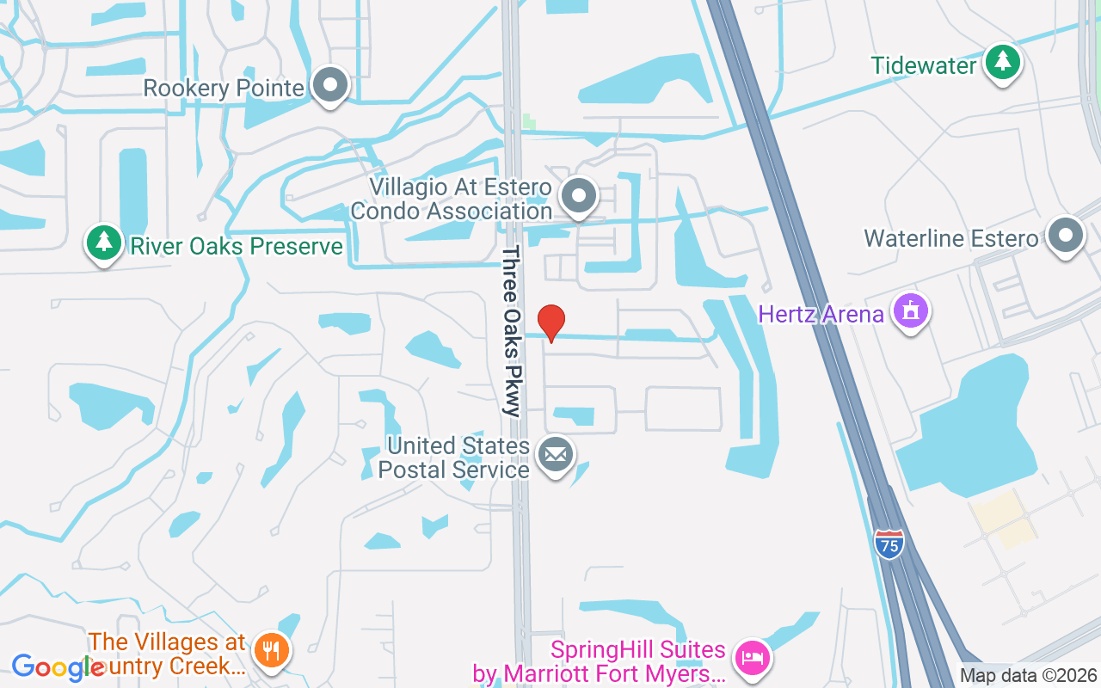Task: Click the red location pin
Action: [550, 322]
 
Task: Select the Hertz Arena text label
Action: [821, 314]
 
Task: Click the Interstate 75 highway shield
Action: [889, 544]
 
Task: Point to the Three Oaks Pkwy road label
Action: [512, 331]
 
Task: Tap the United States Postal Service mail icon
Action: [555, 455]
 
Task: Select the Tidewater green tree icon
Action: [1002, 62]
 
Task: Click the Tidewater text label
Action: [924, 65]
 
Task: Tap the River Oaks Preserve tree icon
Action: [103, 243]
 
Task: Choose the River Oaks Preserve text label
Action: [237, 247]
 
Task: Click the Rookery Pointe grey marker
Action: [329, 85]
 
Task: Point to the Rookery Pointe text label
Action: [224, 89]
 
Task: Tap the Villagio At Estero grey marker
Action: [580, 196]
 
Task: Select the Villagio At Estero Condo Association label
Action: [452, 199]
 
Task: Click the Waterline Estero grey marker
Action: [1066, 235]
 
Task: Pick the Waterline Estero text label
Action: [951, 238]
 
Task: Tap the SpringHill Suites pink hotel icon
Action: [753, 659]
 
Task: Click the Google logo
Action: [58, 667]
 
